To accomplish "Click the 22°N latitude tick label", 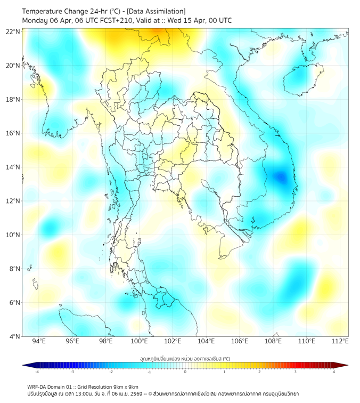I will tap(14, 31).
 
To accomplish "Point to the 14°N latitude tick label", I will tap(14, 167).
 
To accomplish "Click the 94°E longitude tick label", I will tap(39, 342).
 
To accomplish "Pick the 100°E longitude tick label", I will tap(139, 342).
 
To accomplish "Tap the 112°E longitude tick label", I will tap(340, 342).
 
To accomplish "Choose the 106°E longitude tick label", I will tap(240, 342).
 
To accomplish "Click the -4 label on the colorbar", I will tap(36, 372).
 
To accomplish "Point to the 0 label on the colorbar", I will tap(185, 372).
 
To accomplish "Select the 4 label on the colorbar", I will tap(334, 372).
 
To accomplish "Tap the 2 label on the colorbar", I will tap(259, 372).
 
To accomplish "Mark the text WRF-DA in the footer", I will tap(37, 387).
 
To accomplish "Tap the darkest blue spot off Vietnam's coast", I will tap(280, 178).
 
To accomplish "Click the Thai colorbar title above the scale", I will tap(185, 358).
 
